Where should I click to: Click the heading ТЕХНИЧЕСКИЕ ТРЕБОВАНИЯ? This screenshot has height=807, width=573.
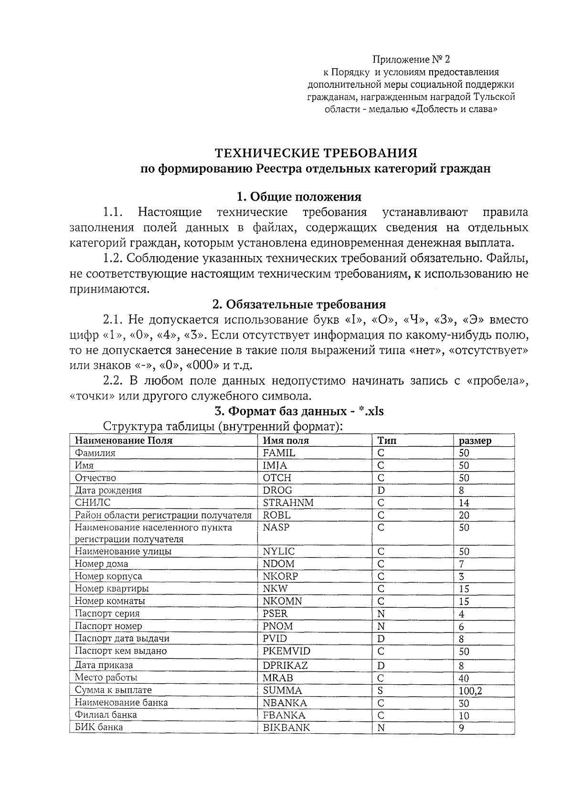(316, 153)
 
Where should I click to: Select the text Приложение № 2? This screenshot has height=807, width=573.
(411, 60)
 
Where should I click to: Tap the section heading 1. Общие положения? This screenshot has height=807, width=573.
(299, 197)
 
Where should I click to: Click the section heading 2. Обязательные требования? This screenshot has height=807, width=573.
(299, 304)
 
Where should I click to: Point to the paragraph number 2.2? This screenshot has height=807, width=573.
(114, 381)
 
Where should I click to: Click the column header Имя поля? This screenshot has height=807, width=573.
(286, 441)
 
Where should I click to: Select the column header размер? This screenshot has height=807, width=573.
(475, 441)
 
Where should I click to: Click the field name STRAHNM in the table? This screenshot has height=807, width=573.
(288, 503)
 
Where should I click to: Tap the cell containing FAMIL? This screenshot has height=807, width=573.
(279, 453)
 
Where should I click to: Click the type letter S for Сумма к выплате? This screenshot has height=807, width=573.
(381, 690)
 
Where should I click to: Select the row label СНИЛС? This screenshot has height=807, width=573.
(93, 503)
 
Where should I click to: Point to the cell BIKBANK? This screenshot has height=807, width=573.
(286, 728)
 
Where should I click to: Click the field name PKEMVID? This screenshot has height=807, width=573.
(286, 651)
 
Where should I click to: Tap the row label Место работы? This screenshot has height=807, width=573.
(106, 678)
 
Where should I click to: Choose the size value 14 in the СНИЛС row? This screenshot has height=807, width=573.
(464, 503)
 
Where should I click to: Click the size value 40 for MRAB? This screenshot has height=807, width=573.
(464, 678)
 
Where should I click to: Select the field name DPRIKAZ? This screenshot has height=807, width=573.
(285, 666)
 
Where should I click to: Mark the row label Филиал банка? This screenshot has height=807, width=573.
(106, 715)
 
